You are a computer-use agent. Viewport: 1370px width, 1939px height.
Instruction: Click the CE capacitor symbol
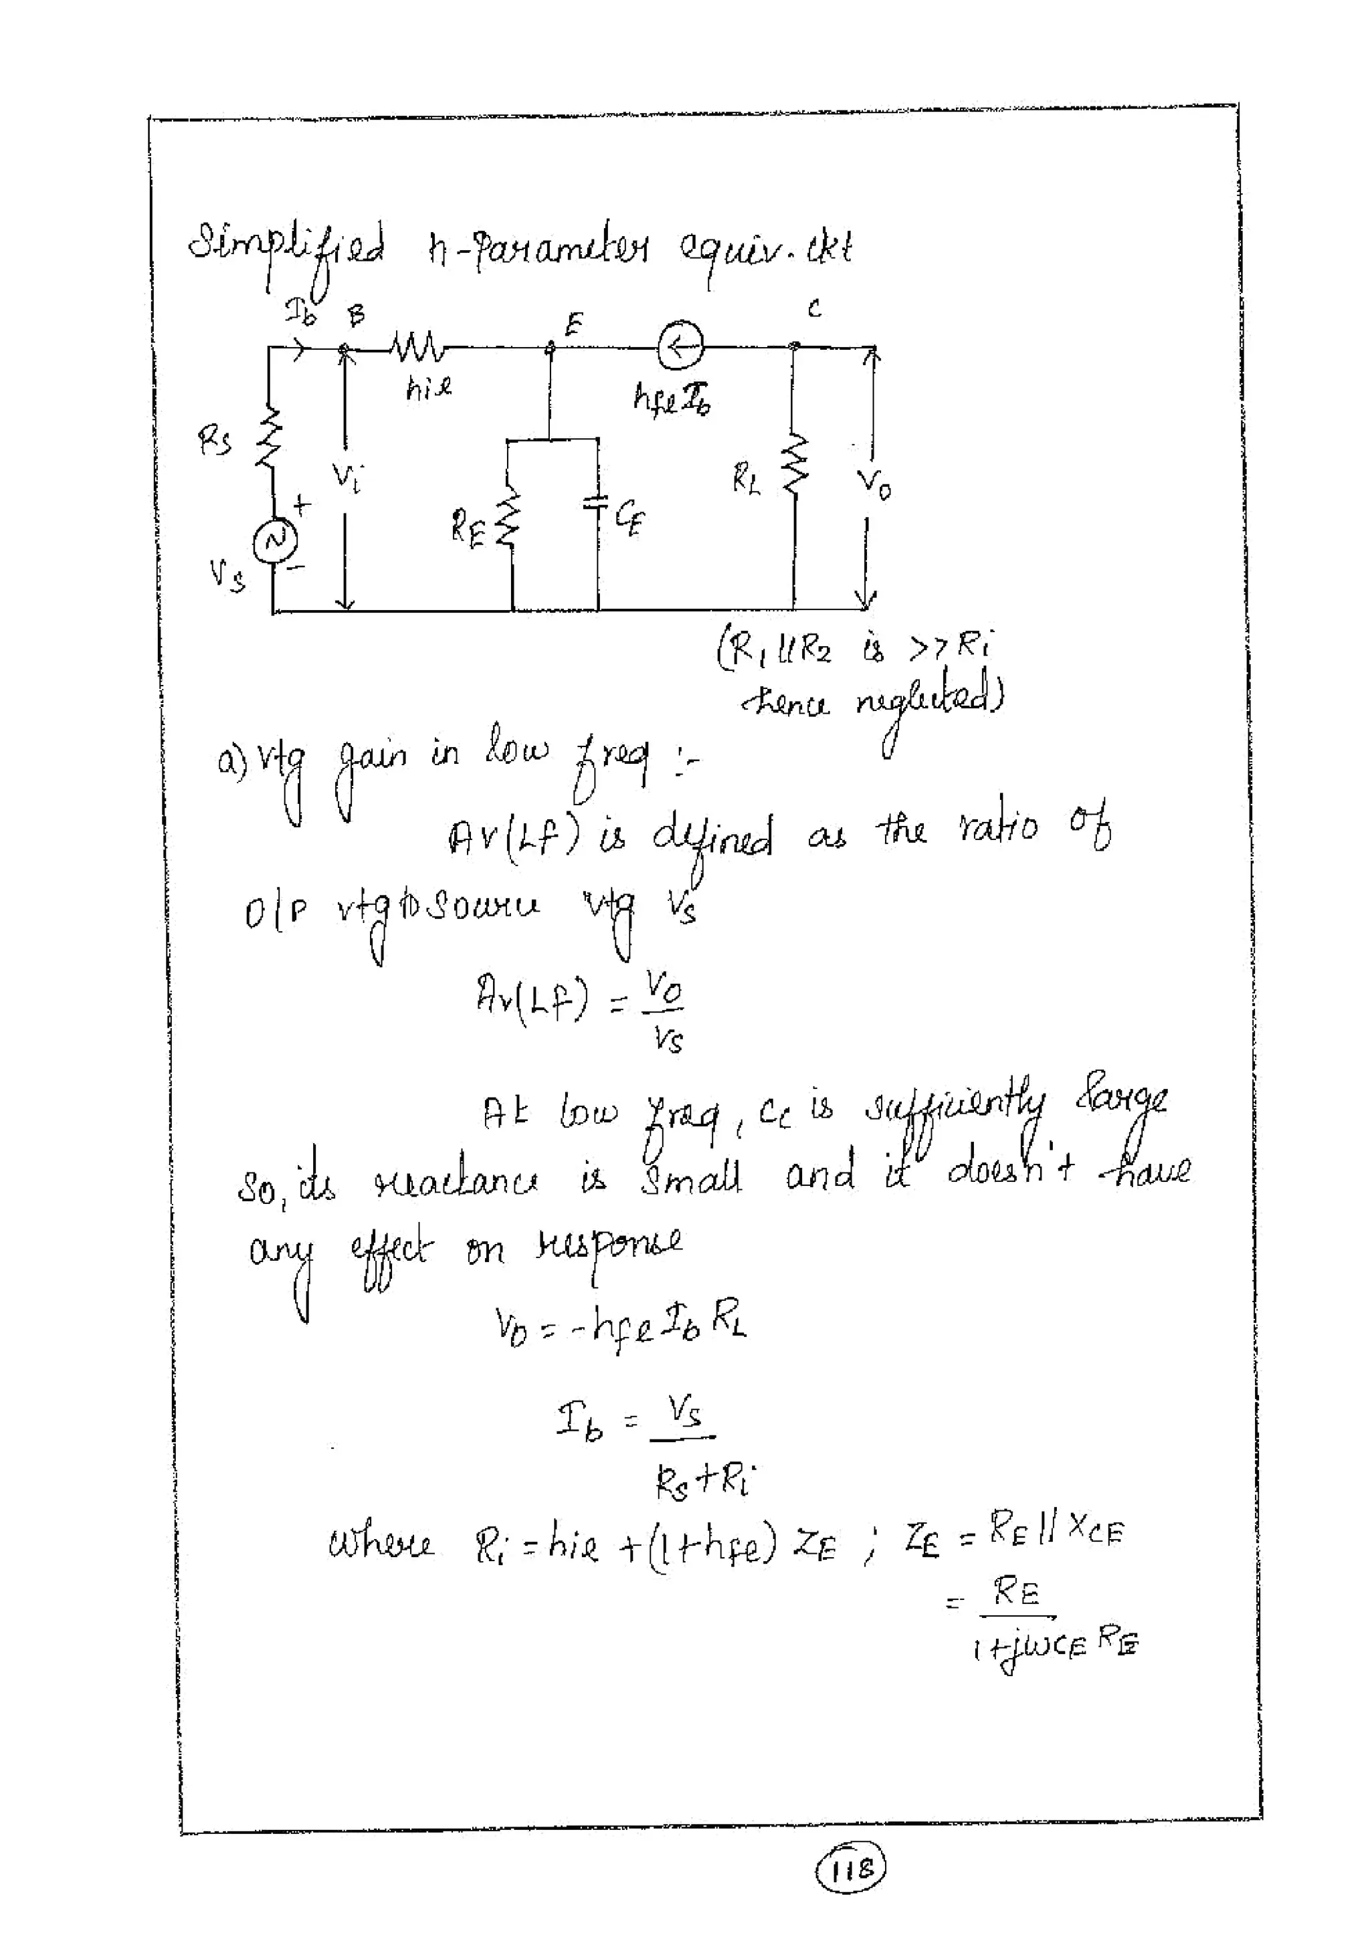point(597,504)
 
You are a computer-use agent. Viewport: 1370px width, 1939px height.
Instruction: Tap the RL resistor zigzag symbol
point(794,463)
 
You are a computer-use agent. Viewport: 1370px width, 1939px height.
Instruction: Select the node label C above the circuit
point(813,310)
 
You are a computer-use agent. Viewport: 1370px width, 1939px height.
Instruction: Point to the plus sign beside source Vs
point(302,505)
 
